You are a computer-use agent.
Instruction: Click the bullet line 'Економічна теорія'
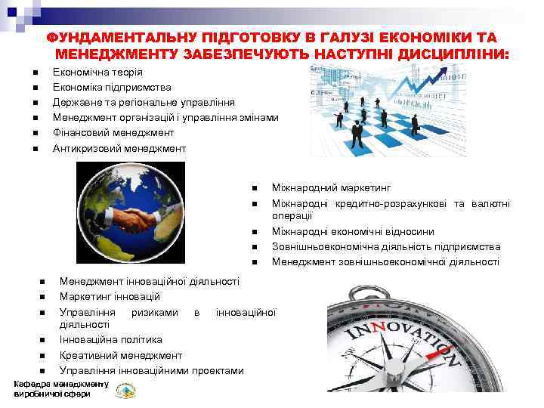tap(97, 73)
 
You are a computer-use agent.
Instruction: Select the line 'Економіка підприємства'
tap(112, 88)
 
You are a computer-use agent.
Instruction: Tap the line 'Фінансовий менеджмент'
tap(113, 132)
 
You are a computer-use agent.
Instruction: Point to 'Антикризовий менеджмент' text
tap(119, 148)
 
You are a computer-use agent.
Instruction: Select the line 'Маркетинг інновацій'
tap(110, 296)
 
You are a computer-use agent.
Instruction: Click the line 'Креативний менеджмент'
tap(120, 355)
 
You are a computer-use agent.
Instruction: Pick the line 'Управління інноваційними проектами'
tap(151, 370)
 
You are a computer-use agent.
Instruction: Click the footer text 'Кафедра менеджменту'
tap(61, 385)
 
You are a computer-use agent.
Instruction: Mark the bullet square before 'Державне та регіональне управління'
tap(36, 103)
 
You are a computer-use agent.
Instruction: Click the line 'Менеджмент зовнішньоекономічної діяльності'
tap(385, 261)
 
